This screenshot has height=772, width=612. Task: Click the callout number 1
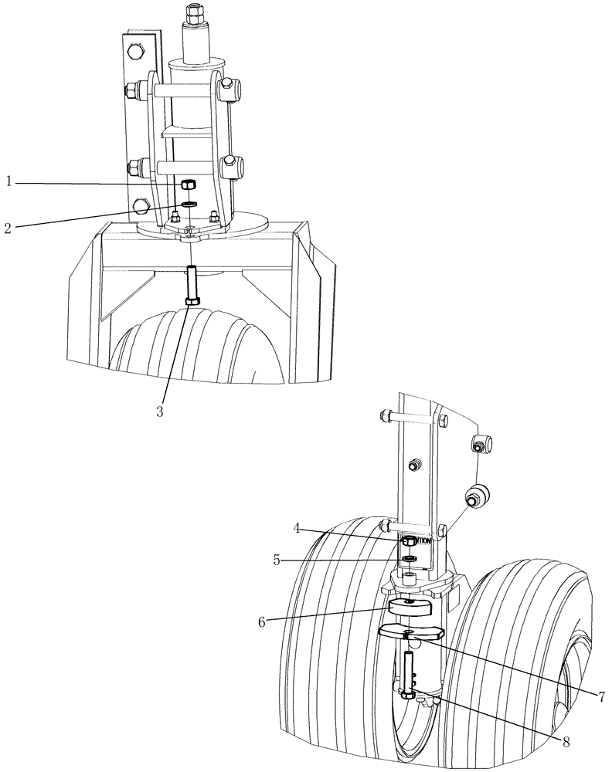pyautogui.click(x=8, y=181)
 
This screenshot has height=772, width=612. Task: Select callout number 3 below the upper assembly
pyautogui.click(x=160, y=411)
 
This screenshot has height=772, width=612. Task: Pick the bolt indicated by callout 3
pyautogui.click(x=191, y=286)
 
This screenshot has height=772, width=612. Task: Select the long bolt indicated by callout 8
pyautogui.click(x=409, y=672)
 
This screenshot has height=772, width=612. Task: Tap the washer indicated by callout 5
pyautogui.click(x=410, y=557)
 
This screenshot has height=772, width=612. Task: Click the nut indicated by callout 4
pyautogui.click(x=408, y=543)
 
